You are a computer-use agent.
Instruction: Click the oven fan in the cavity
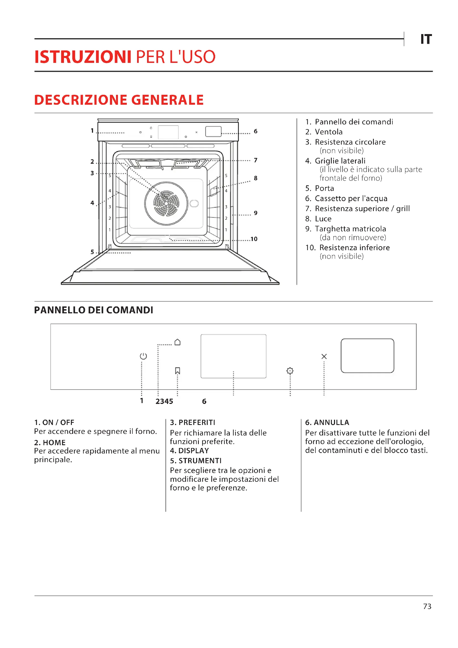[x=166, y=203]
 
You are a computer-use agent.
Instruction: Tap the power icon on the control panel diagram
[x=143, y=356]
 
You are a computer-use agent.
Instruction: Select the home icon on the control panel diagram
[x=177, y=342]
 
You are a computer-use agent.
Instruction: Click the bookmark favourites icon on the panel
[x=177, y=370]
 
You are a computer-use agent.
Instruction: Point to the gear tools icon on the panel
[x=290, y=371]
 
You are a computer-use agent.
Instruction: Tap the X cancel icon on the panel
[x=324, y=357]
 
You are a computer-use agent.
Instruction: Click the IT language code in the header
[x=426, y=39]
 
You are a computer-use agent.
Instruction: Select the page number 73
[x=427, y=606]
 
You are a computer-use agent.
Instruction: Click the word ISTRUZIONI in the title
[x=83, y=57]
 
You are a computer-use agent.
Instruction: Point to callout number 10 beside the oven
[x=254, y=239]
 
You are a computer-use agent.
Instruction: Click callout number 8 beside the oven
[x=256, y=178]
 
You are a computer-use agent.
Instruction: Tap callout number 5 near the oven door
[x=92, y=252]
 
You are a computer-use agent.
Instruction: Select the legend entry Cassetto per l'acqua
[x=351, y=198]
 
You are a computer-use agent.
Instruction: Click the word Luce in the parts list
[x=323, y=219]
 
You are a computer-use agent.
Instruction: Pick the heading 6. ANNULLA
[x=327, y=422]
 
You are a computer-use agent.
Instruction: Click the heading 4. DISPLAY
[x=189, y=451]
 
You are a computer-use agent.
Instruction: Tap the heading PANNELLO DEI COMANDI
[x=94, y=310]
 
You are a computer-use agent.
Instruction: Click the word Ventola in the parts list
[x=329, y=132]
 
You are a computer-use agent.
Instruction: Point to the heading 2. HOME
[x=50, y=442]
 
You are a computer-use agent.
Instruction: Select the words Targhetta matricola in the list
[x=350, y=229]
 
